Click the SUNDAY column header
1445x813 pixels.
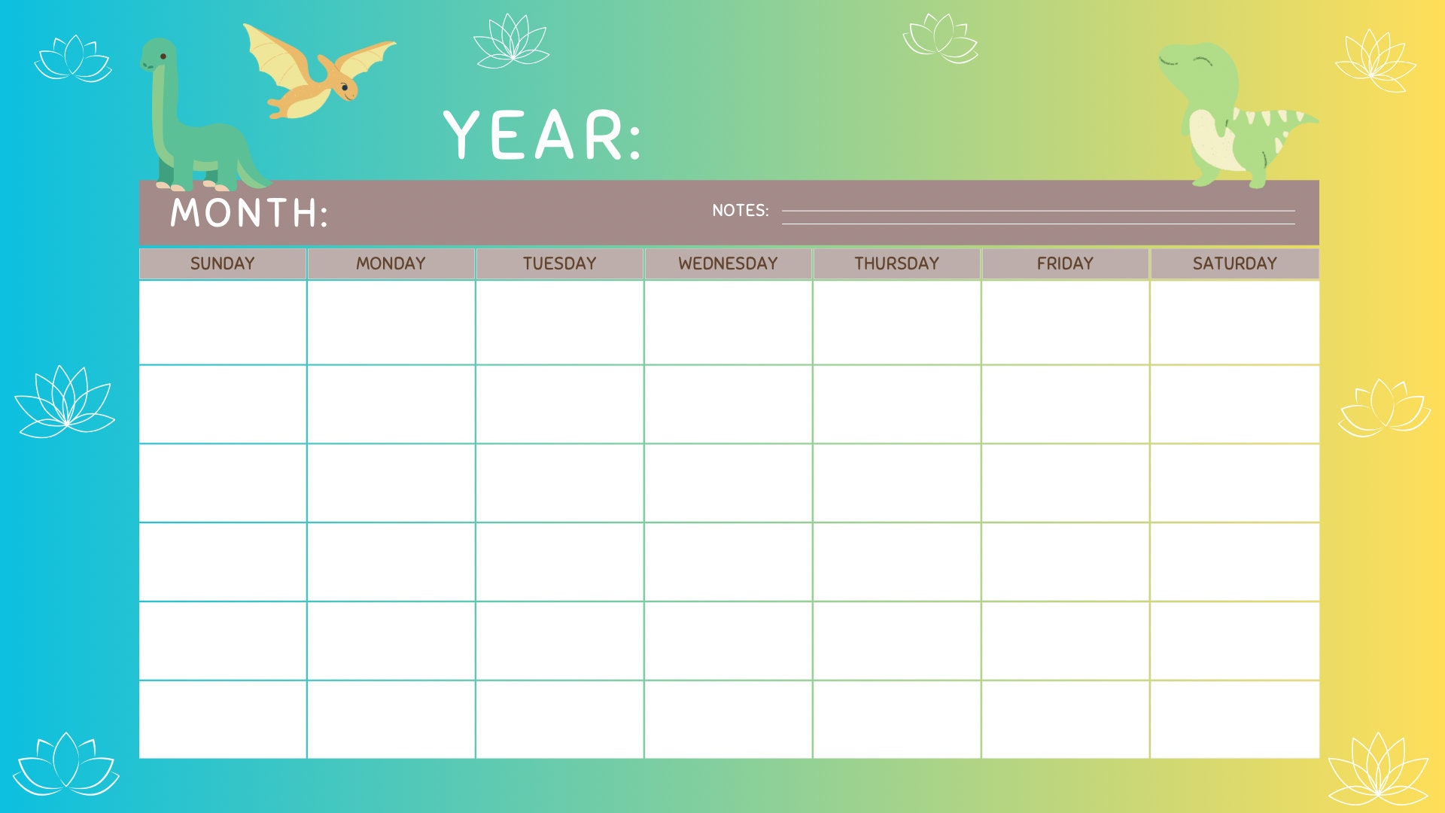[222, 263]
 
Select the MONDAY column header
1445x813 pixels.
[391, 263]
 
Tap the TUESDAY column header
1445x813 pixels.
[559, 263]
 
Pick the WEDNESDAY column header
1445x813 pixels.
[728, 263]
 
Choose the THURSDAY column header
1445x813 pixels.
[896, 263]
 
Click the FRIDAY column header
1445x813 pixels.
[1065, 263]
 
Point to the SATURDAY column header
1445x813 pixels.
[1234, 263]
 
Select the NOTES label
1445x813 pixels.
[740, 211]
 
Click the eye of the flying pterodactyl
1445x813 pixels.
[345, 87]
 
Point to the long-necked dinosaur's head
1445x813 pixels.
[160, 54]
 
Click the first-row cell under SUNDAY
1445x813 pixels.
[222, 322]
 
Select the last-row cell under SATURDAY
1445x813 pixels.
[1234, 720]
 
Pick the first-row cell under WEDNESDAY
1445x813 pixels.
[728, 322]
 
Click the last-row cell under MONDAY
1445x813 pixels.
[391, 720]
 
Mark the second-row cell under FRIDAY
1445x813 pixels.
[1065, 404]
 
